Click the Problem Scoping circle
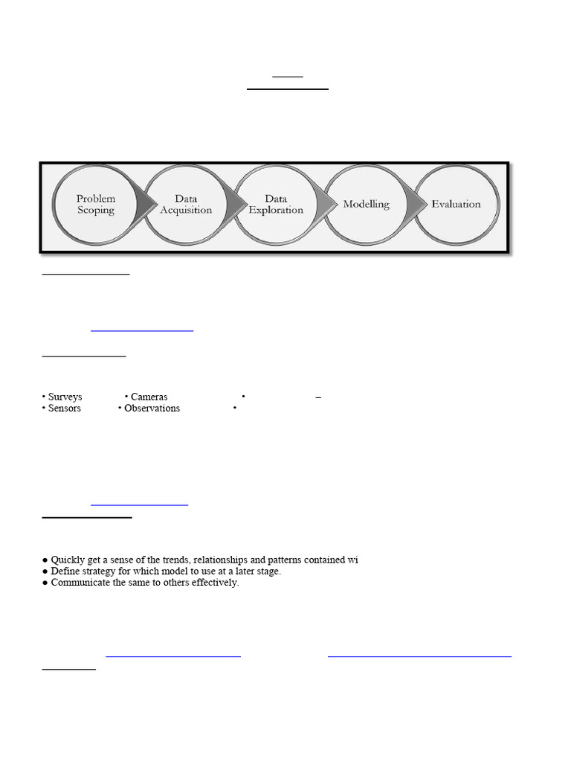click(x=95, y=205)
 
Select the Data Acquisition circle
click(x=186, y=205)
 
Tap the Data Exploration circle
click(x=276, y=205)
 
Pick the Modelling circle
click(x=366, y=205)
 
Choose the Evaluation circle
click(x=456, y=204)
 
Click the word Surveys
click(x=65, y=397)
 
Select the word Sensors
click(x=64, y=409)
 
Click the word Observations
click(x=152, y=409)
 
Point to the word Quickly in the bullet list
click(x=69, y=560)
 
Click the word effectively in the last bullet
click(x=213, y=583)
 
